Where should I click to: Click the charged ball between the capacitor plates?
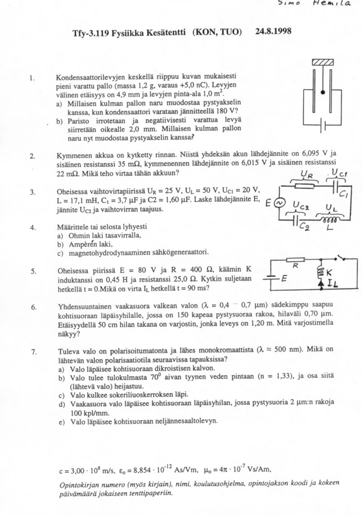coord(323,92)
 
